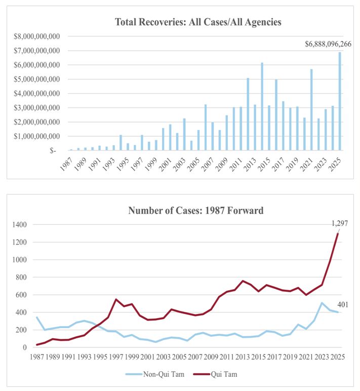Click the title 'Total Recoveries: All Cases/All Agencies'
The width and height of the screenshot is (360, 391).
point(198,22)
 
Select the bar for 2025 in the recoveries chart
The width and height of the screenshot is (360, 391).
point(339,101)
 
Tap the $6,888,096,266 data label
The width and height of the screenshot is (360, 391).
point(328,44)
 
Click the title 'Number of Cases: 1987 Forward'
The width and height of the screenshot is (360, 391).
point(195,210)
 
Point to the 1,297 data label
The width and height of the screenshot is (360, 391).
point(340,223)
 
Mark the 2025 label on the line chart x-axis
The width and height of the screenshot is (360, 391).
point(338,357)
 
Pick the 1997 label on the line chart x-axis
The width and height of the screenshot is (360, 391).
point(116,357)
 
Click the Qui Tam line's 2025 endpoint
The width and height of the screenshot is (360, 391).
point(338,233)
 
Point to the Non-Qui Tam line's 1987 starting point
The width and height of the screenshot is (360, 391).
point(37,317)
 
